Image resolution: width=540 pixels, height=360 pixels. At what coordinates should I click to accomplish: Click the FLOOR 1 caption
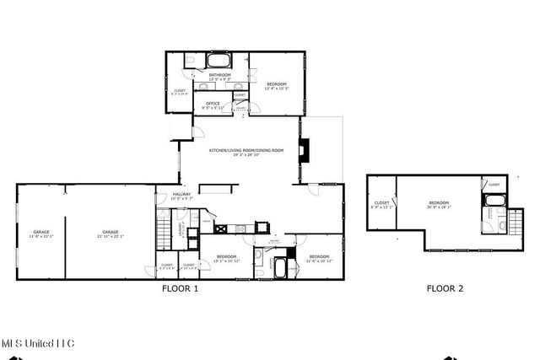click(180, 288)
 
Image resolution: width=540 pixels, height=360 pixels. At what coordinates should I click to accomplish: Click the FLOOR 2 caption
click(445, 288)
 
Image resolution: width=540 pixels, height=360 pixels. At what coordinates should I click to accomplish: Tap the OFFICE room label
click(213, 105)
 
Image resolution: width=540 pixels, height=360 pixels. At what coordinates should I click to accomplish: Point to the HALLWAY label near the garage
click(182, 196)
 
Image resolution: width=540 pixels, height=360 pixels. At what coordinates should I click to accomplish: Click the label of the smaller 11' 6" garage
click(41, 234)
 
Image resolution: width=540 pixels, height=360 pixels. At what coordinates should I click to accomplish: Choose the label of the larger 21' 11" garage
click(111, 234)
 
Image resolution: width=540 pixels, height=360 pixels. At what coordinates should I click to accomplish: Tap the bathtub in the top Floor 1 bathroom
click(219, 61)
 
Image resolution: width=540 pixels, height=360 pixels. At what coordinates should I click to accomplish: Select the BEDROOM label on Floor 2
click(439, 205)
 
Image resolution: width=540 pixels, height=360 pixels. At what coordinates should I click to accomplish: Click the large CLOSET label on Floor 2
click(381, 205)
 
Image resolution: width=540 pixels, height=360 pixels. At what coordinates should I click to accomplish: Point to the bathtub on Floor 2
click(493, 201)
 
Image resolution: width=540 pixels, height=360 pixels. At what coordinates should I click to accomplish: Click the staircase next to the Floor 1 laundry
click(165, 228)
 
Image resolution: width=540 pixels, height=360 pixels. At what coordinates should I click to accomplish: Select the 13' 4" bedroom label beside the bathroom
click(277, 85)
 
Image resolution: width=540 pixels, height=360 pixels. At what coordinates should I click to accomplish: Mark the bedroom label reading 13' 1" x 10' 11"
click(225, 258)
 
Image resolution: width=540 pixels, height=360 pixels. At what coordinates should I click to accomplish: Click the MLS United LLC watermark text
click(37, 343)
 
